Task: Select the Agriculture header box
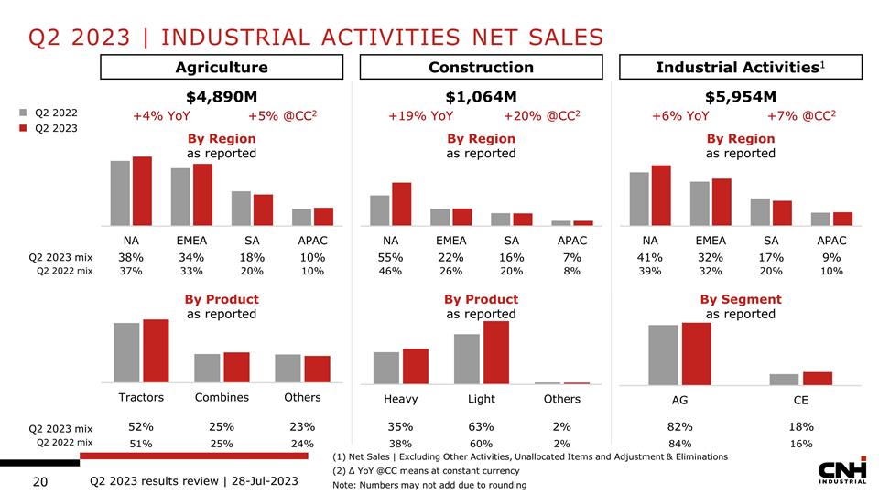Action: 222,67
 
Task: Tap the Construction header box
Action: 481,67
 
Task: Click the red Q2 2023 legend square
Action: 24,128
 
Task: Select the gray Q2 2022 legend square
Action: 24,113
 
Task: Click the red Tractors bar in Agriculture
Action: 156,350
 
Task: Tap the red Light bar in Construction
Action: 495,351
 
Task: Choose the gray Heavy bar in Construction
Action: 386,367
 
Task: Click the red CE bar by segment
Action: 818,378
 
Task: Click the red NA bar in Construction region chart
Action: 401,203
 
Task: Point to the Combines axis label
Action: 222,397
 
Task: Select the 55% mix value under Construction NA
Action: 390,257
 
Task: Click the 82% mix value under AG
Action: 679,426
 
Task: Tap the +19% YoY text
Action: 421,116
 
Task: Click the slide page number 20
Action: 40,482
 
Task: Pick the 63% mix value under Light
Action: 481,426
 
